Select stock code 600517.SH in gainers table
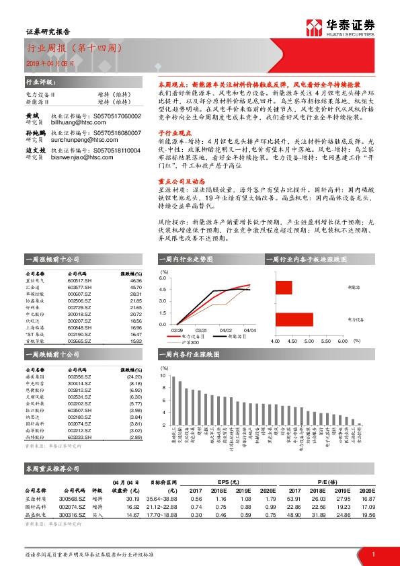80,280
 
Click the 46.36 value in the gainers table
136,280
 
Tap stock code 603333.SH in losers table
80,437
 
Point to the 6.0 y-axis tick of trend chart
162,277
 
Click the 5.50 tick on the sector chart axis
327,341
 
